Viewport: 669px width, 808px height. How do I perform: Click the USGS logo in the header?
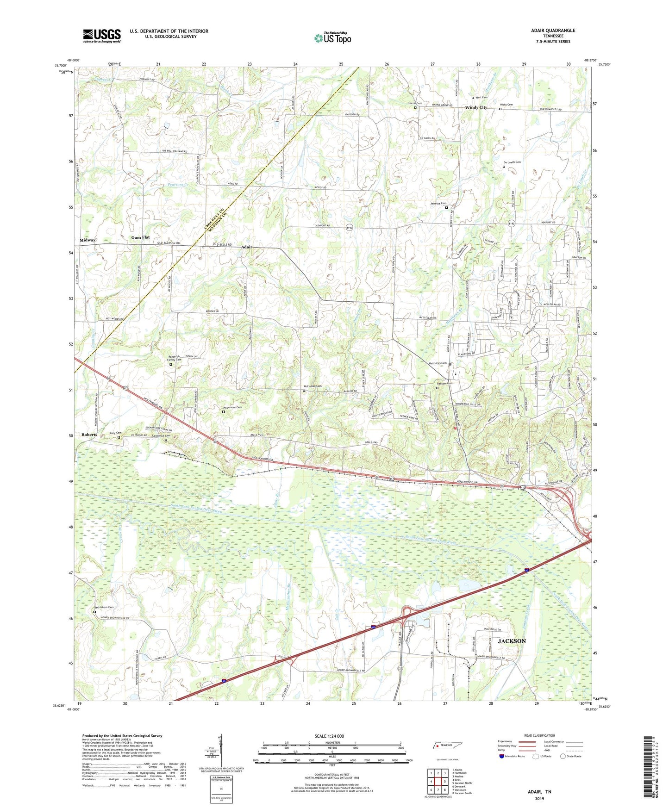102,36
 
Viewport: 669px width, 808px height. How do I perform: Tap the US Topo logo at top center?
332,38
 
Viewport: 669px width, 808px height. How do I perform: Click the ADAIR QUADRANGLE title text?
553,31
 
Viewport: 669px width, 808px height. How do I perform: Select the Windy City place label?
476,107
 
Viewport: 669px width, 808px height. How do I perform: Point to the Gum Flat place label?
140,237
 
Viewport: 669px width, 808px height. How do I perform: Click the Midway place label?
88,240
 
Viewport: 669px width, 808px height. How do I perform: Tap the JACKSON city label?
512,641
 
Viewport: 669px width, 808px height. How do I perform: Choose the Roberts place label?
89,435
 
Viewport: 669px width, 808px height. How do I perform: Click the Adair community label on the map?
247,247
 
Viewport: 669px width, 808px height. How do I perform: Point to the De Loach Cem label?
512,162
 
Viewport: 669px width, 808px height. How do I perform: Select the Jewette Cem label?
438,204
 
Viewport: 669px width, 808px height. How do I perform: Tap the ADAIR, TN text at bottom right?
539,792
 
